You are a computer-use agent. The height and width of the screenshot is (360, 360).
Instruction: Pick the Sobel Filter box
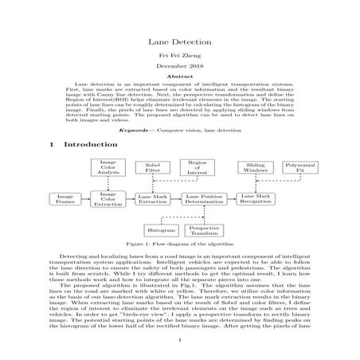(x=152, y=168)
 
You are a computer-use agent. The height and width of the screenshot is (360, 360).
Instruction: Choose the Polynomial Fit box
(x=300, y=167)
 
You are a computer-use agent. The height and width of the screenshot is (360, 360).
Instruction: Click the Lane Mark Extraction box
(x=152, y=199)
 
